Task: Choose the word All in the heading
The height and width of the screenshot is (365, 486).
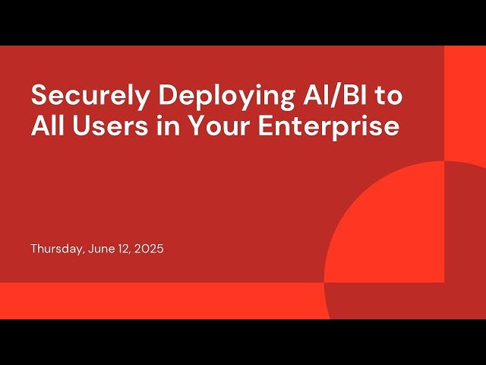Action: point(48,125)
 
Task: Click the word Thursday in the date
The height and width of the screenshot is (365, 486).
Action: point(54,249)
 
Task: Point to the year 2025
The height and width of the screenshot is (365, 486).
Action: point(148,249)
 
